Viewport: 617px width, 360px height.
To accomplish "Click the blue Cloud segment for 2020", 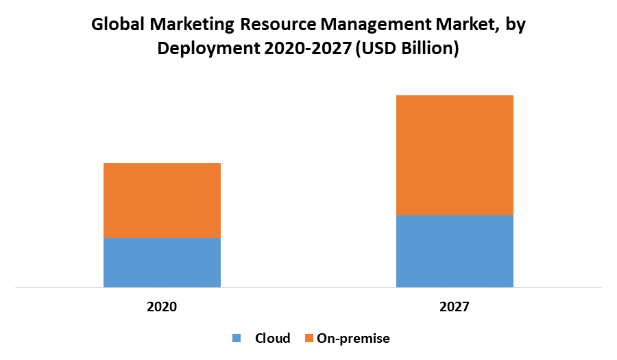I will pos(162,263).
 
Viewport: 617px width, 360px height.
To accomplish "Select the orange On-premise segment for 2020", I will pos(162,200).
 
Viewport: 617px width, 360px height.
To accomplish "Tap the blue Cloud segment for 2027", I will pos(455,251).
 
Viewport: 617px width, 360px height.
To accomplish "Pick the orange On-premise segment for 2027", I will pos(455,155).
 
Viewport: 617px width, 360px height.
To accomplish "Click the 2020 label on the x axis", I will pos(162,307).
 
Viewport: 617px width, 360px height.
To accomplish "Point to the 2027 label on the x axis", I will pos(455,307).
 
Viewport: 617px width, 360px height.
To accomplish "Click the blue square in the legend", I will pos(237,338).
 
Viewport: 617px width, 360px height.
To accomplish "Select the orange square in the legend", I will pos(309,338).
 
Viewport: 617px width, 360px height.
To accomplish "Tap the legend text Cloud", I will pos(273,338).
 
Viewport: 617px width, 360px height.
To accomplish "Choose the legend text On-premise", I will pos(353,338).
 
